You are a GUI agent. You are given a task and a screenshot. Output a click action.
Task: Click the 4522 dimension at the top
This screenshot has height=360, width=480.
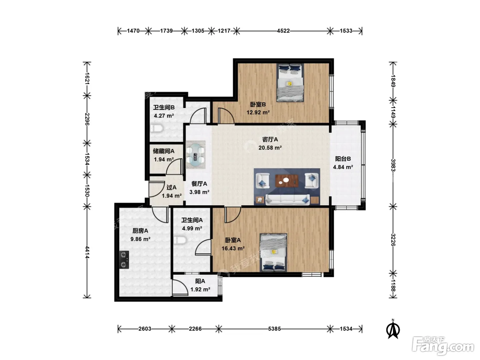point(283,31)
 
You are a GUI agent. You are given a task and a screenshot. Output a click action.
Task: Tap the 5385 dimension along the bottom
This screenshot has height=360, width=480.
point(274,329)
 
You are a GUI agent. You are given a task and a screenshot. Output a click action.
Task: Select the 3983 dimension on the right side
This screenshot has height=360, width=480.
point(393,165)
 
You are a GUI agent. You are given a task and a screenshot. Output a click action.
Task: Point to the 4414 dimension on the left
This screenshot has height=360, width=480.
point(87,252)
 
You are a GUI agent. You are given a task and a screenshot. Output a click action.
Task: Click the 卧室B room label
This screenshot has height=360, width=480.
point(258,105)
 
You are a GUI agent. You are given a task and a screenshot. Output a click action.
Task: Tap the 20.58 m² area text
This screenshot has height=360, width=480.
point(270,148)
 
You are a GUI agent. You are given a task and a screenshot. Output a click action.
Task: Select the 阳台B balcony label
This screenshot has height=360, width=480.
point(343,159)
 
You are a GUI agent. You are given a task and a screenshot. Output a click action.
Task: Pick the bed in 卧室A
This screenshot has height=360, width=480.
point(273,253)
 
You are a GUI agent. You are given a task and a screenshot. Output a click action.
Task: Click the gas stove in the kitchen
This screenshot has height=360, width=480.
point(124,260)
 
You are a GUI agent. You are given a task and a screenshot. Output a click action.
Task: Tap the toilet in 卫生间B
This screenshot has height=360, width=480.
point(157,128)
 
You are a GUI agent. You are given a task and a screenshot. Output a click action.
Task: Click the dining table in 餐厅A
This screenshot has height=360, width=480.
point(195,155)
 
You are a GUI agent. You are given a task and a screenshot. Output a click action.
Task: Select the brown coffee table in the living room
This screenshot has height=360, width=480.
point(287,181)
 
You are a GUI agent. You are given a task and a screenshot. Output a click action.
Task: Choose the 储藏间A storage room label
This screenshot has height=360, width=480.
point(164,151)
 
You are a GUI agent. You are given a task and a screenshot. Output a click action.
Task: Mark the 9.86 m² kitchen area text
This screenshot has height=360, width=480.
point(140,239)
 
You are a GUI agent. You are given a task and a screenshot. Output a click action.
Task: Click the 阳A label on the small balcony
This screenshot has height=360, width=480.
point(200,281)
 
